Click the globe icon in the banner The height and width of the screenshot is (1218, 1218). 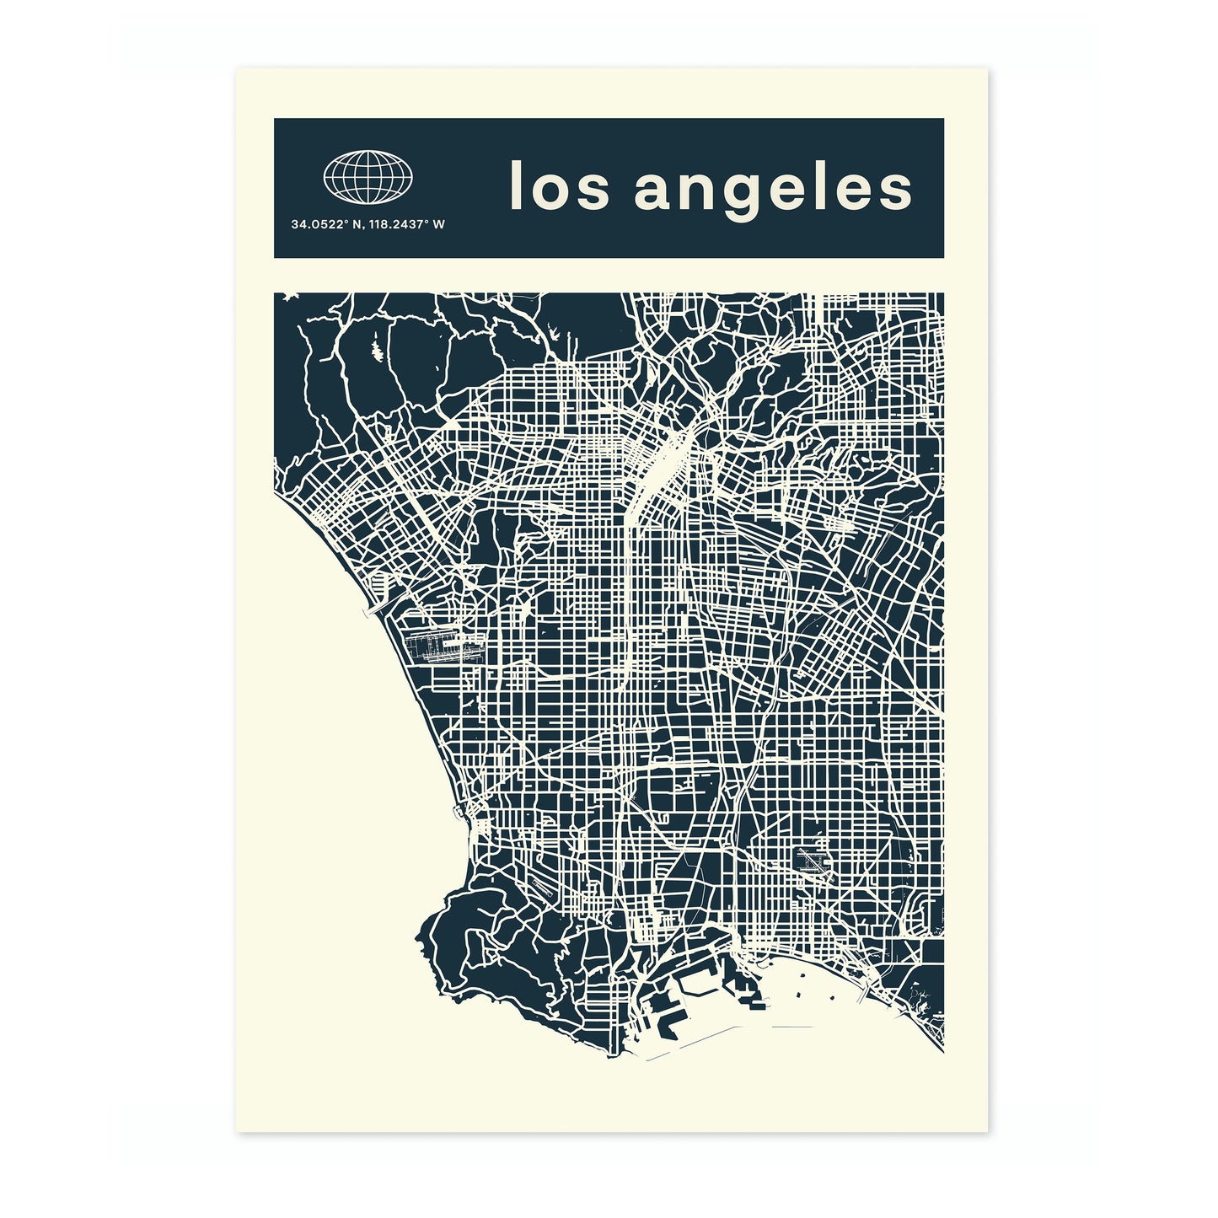[x=368, y=177]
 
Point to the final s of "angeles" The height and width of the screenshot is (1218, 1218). [x=895, y=189]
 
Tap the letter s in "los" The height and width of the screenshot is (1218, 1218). [x=593, y=189]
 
